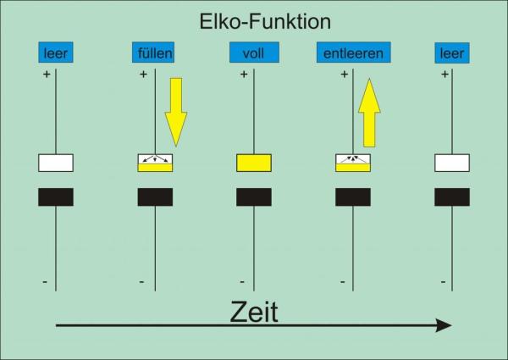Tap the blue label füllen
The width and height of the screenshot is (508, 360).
154,53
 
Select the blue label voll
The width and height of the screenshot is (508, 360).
253,53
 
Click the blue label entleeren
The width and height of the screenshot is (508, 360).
353,53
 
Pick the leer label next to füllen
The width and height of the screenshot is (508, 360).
55,53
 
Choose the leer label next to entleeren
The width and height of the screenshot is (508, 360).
452,53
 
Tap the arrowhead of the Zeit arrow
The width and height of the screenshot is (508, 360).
443,325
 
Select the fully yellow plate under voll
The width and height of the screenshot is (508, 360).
253,163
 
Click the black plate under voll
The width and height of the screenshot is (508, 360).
253,197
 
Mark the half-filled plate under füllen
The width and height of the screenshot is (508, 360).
155,163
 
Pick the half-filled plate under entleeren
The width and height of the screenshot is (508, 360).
353,163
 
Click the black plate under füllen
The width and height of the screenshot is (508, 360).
155,197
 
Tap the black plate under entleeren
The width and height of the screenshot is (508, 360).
353,197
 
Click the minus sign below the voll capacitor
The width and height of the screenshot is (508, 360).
242,280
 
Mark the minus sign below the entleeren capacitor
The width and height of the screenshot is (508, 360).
342,280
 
